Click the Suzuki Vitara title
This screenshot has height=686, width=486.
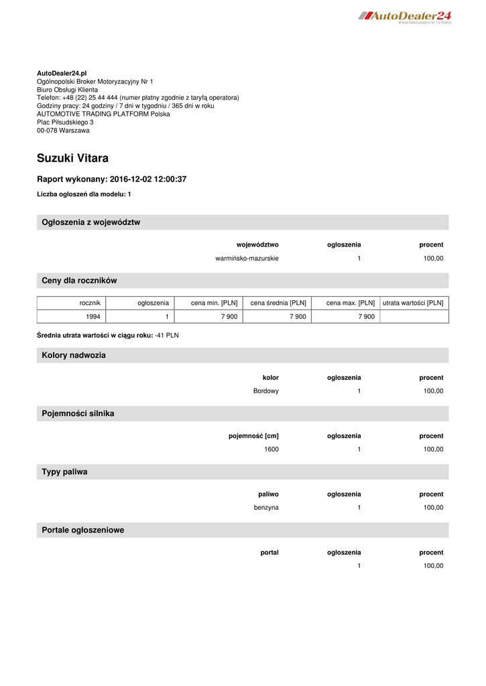point(72,159)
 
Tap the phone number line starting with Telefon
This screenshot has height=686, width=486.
point(137,98)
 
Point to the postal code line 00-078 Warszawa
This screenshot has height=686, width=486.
point(63,131)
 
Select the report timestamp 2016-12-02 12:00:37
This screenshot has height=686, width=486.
point(147,180)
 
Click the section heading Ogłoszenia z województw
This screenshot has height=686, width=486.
point(91,222)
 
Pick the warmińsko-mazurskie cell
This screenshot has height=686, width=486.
point(247,259)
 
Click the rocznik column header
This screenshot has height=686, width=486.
point(90,303)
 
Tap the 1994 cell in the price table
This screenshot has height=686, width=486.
point(93,317)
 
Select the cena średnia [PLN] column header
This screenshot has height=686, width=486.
point(278,303)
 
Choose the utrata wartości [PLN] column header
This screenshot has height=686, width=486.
point(413,303)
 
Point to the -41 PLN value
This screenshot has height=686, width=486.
point(167,335)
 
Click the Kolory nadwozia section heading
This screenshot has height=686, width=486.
point(74,356)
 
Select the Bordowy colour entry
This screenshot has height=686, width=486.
point(266,391)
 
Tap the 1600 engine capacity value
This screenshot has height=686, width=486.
point(271,450)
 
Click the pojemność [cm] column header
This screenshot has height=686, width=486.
point(253,436)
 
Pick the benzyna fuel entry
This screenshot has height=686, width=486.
point(266,508)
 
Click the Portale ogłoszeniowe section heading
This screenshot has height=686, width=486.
point(83,531)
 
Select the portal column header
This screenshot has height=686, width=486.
point(269,553)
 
